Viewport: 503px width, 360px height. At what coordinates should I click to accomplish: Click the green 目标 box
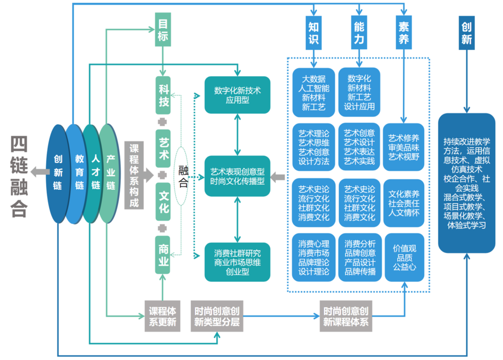tap(163, 30)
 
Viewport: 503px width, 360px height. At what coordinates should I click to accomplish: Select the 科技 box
tap(163, 95)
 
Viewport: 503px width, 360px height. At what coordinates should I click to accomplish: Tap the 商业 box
tap(163, 255)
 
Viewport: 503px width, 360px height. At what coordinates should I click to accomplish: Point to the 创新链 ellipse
tap(58, 173)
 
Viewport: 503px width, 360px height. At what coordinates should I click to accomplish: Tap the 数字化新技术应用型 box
tap(237, 95)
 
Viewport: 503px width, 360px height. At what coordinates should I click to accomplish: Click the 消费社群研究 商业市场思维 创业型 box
tap(237, 262)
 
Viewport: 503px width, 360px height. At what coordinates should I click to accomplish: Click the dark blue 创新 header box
tap(467, 33)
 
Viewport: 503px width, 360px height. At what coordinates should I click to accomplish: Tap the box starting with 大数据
tap(313, 92)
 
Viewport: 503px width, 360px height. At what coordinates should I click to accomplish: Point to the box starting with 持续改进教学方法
tap(467, 183)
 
